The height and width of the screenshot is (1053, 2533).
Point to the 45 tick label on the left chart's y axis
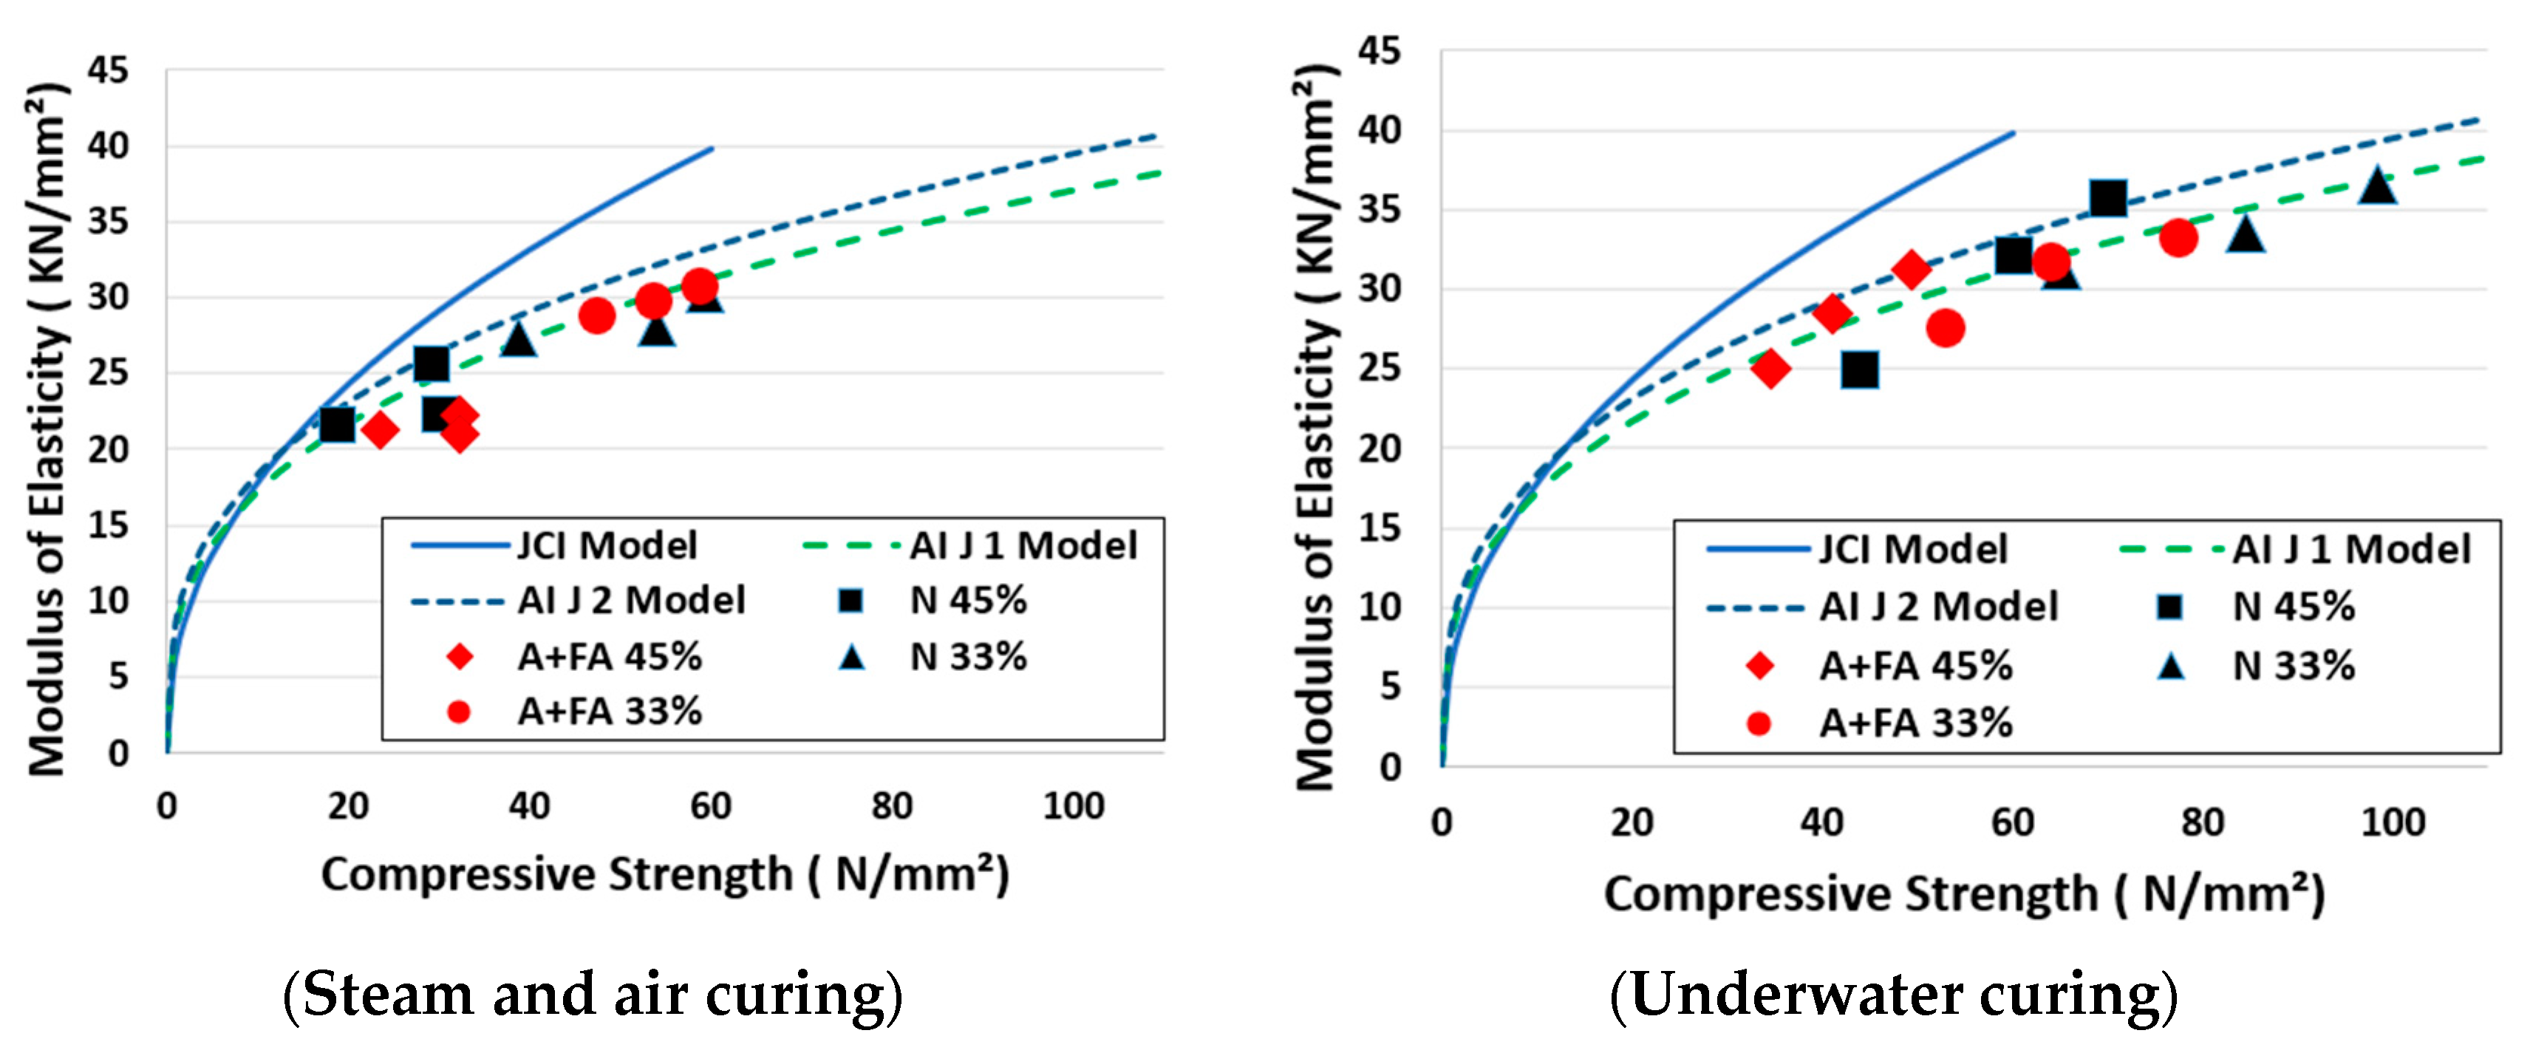(x=107, y=71)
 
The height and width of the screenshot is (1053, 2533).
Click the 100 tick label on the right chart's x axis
(x=2393, y=821)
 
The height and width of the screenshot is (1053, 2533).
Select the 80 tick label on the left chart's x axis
(x=891, y=805)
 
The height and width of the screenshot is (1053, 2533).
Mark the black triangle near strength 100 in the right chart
(x=2376, y=185)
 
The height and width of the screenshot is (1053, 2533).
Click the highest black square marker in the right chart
(x=2107, y=197)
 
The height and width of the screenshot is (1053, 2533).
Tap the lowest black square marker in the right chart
(x=1859, y=369)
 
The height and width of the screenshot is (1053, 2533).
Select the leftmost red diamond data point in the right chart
(x=1770, y=369)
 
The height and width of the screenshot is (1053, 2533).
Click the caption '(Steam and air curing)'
(x=592, y=994)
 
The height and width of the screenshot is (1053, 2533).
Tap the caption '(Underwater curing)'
(x=1893, y=994)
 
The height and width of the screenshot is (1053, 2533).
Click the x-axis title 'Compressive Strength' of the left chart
(x=665, y=873)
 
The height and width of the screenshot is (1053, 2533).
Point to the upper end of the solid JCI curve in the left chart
(x=711, y=149)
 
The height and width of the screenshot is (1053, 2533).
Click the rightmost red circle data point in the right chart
(x=2178, y=237)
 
